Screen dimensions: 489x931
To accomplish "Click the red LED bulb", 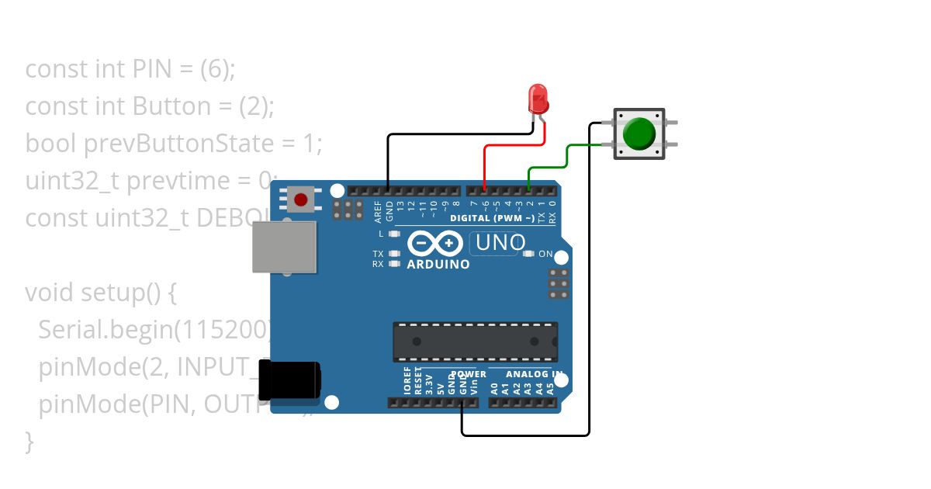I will (537, 99).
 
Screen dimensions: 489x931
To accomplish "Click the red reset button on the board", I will (301, 199).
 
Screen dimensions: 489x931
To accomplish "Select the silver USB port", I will (285, 247).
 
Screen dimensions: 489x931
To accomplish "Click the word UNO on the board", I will (500, 243).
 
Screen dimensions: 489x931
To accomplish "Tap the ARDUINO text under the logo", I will (438, 264).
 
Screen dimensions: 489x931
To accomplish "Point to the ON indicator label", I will (545, 254).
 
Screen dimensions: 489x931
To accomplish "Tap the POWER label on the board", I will (469, 374).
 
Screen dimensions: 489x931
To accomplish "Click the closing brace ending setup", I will (29, 441).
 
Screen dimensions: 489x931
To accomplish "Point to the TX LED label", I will (378, 254).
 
